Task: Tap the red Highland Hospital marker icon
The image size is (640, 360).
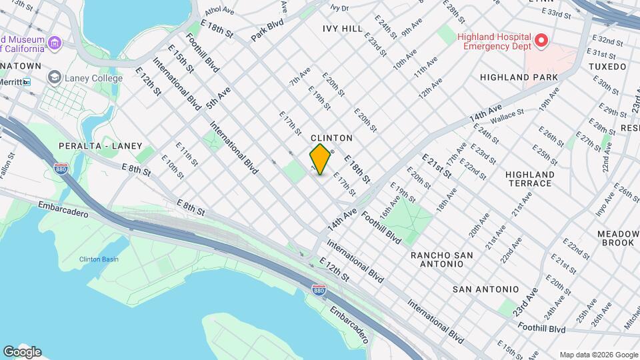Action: [x=541, y=41]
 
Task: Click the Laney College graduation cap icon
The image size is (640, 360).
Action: [x=53, y=78]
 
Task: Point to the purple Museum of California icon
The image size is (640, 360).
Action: [x=55, y=44]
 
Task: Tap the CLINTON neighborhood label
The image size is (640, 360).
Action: [x=331, y=138]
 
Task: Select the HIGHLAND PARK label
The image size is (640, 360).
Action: [x=519, y=78]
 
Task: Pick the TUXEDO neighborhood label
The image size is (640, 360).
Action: [x=607, y=67]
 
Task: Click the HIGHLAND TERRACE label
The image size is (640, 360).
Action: [x=529, y=179]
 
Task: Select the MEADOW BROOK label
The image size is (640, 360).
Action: [x=615, y=238]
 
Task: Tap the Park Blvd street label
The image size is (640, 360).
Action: [x=268, y=31]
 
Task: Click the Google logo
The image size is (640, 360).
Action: [x=22, y=352]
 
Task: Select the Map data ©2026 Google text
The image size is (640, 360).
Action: [x=597, y=355]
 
